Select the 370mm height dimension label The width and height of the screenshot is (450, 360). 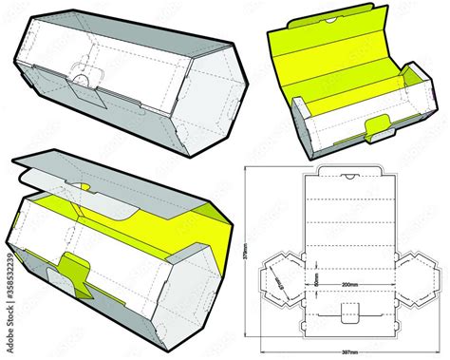(244, 252)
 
